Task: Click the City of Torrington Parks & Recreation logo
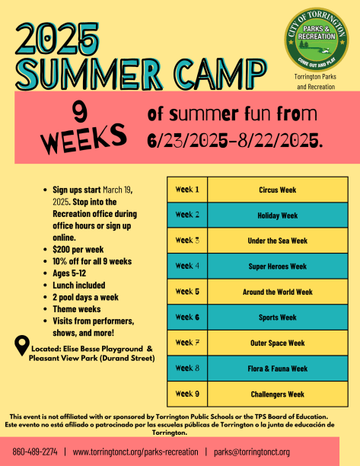[x=317, y=40]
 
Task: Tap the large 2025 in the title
[x=57, y=39]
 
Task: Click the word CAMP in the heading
[x=221, y=75]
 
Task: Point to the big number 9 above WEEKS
[x=80, y=113]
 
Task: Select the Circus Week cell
[x=278, y=190]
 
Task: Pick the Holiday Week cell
[x=278, y=215]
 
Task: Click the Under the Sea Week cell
[x=278, y=241]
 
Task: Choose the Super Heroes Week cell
[x=278, y=267]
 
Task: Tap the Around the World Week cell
[x=278, y=292]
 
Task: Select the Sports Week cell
[x=278, y=318]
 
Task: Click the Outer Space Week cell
[x=278, y=343]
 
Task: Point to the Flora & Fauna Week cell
[x=278, y=369]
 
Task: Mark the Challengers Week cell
[x=278, y=394]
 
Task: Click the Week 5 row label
[x=187, y=292]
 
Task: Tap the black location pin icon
[x=22, y=346]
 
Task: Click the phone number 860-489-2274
[x=35, y=452]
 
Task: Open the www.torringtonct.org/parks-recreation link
[x=135, y=452]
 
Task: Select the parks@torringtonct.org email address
[x=252, y=452]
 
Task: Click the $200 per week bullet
[x=78, y=249]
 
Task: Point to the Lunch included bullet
[x=78, y=286]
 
